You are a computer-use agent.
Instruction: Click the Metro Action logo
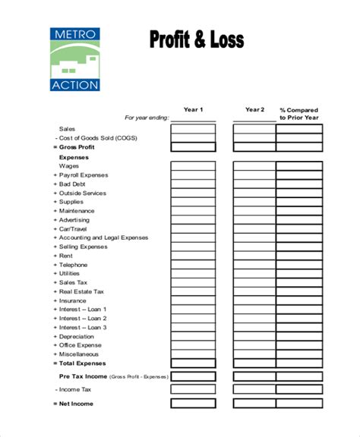[74, 59]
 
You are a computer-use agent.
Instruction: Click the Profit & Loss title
[195, 40]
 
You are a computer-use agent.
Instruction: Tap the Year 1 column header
[193, 110]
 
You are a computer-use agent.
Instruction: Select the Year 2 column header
[254, 110]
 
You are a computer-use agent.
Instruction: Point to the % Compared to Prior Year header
[298, 114]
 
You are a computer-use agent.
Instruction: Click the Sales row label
[68, 130]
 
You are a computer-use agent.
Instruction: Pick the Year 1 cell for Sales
[193, 130]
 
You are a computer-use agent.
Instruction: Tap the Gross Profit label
[78, 147]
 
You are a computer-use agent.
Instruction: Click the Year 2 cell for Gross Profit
[254, 147]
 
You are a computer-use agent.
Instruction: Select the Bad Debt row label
[73, 184]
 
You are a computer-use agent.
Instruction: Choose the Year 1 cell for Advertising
[193, 219]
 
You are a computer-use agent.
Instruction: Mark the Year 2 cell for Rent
[254, 255]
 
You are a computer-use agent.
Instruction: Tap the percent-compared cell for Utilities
[298, 273]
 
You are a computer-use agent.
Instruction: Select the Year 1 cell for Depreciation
[193, 336]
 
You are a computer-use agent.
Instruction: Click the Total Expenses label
[82, 363]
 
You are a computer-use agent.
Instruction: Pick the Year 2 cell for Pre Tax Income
[254, 376]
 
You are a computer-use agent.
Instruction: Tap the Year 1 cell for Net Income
[193, 404]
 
